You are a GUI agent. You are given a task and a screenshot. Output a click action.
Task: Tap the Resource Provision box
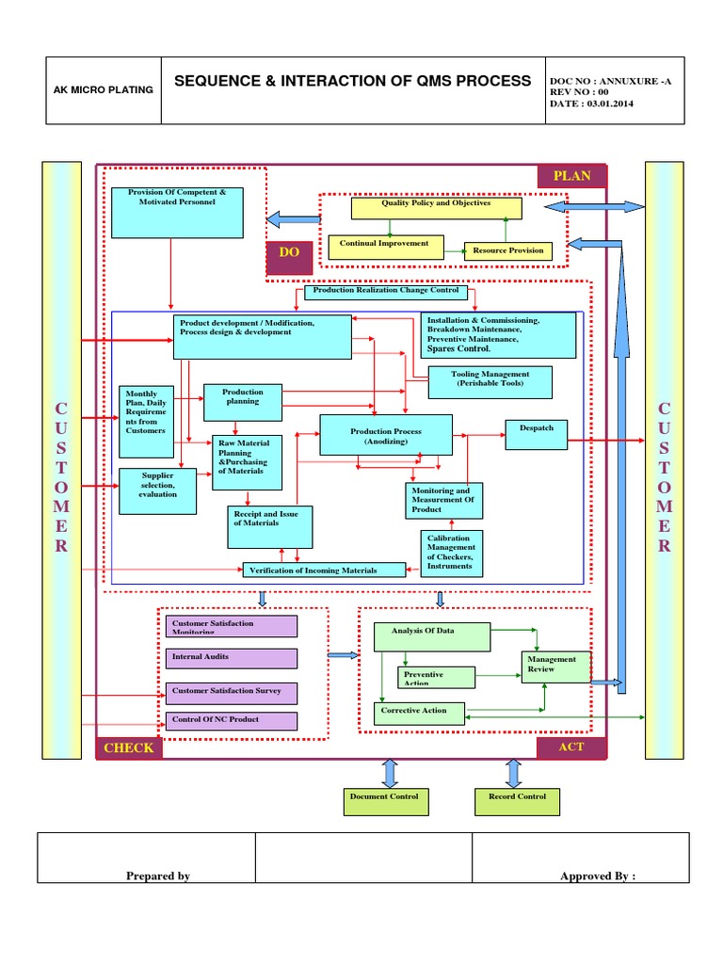click(508, 251)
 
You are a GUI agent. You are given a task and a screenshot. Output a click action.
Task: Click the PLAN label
click(571, 176)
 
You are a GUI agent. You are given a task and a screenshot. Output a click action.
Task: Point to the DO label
click(288, 253)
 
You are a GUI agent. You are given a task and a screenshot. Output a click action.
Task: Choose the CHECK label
click(128, 747)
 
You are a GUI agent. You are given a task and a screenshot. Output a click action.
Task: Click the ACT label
click(571, 747)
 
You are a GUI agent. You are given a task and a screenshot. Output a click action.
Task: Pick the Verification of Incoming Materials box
click(325, 570)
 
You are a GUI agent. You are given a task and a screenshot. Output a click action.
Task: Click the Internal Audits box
click(231, 658)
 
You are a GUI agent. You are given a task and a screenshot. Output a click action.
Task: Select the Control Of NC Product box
click(231, 721)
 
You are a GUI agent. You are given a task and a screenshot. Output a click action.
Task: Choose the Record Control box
click(517, 801)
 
